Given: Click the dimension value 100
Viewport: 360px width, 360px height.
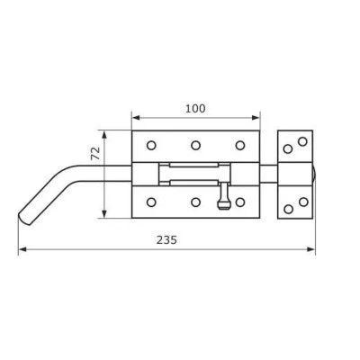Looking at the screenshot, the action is (x=195, y=108).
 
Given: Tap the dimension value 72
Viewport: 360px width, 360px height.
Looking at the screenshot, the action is (x=95, y=154).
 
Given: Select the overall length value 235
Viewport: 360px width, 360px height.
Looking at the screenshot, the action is (x=166, y=240).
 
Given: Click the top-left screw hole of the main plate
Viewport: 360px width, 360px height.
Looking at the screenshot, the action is (x=151, y=146).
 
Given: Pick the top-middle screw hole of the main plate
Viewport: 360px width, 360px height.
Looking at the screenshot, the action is (x=195, y=146).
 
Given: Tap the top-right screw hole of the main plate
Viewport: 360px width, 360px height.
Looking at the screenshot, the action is (x=240, y=146).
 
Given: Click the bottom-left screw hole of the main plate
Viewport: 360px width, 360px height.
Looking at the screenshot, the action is (x=151, y=202).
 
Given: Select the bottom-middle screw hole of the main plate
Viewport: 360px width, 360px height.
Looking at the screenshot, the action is (x=195, y=202).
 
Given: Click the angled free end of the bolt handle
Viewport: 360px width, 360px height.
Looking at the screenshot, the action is (x=24, y=218).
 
